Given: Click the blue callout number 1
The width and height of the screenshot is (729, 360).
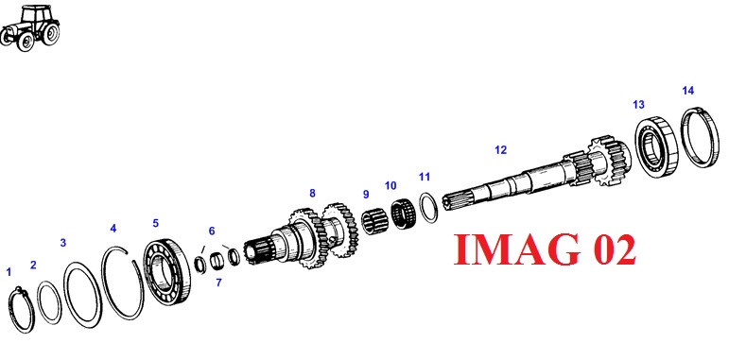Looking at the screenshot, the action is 9,272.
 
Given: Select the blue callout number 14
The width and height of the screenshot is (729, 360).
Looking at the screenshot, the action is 688,91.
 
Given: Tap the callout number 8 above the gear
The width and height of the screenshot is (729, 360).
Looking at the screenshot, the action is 312,194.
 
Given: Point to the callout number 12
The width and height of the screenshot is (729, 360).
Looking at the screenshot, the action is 500,150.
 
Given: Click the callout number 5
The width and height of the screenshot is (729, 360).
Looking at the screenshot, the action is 155,223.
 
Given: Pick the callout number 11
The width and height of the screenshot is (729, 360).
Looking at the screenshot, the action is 424,177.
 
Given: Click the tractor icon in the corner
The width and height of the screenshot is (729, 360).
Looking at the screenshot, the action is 30,27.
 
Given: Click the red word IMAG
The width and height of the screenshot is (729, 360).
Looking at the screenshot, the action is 517,249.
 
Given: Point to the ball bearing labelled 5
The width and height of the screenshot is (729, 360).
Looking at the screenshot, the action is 166,271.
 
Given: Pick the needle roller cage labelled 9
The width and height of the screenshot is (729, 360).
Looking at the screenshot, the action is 375,221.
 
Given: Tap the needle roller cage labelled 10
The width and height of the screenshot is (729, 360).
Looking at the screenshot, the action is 403,214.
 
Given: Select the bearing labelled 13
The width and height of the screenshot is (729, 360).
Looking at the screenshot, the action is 656,146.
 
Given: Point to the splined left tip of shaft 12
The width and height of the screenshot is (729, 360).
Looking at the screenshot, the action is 452,201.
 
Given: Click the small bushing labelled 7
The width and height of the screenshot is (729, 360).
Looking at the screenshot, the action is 217,262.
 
